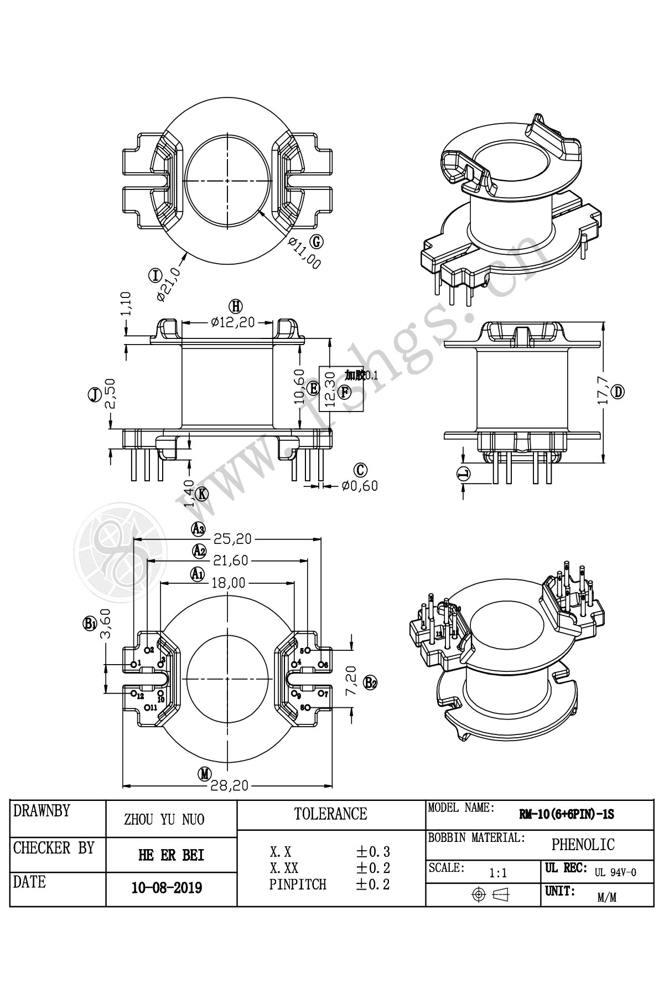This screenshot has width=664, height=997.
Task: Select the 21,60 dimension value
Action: click(x=230, y=561)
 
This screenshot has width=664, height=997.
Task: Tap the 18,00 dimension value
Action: click(x=228, y=582)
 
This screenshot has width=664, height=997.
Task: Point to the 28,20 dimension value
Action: click(x=229, y=785)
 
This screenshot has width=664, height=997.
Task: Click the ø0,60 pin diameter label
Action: click(x=360, y=486)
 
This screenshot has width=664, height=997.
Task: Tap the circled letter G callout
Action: click(x=317, y=241)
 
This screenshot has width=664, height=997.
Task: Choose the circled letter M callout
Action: click(x=205, y=774)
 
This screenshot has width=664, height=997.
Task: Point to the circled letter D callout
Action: click(x=619, y=392)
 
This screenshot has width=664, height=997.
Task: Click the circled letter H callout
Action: click(x=236, y=306)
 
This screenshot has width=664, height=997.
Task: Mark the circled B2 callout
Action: click(x=370, y=682)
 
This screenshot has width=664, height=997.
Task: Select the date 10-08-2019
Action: click(x=167, y=888)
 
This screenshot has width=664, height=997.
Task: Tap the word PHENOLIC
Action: click(x=583, y=845)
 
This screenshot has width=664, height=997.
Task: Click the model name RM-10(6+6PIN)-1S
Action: click(x=566, y=815)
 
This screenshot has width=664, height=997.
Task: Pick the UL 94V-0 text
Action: click(x=615, y=872)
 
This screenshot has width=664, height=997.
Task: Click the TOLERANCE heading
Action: click(x=330, y=814)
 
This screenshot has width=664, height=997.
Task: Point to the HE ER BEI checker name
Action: click(x=171, y=855)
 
